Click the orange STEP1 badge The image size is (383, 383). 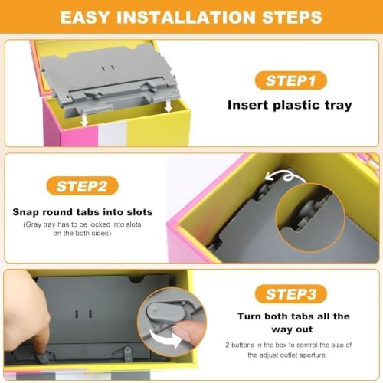pyautogui.click(x=291, y=80)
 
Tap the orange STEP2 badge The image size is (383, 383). pyautogui.click(x=82, y=186)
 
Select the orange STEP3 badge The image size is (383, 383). pyautogui.click(x=291, y=294)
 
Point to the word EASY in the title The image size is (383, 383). pyautogui.click(x=85, y=18)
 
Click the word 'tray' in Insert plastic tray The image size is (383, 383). pyautogui.click(x=339, y=105)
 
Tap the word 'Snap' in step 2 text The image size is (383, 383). pyautogui.click(x=26, y=212)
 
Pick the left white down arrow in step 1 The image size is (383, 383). pyautogui.click(x=84, y=119)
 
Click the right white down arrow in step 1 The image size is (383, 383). pyautogui.click(x=168, y=106)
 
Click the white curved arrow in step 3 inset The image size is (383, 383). pyautogui.click(x=166, y=338)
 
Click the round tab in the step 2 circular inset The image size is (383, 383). pyautogui.click(x=309, y=209)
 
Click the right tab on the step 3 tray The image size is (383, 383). pyautogui.click(x=128, y=354)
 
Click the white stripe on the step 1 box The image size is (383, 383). pyautogui.click(x=113, y=136)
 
